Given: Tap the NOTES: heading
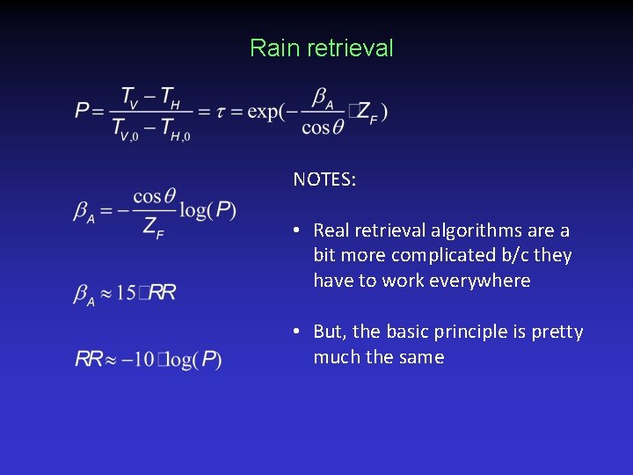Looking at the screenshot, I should click(324, 179).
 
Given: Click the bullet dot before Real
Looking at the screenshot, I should click(299, 230).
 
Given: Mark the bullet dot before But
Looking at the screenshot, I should click(299, 332).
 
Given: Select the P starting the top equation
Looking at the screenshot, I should click(84, 111).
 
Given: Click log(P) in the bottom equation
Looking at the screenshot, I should click(197, 359).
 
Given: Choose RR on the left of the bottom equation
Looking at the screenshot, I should click(90, 359).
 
